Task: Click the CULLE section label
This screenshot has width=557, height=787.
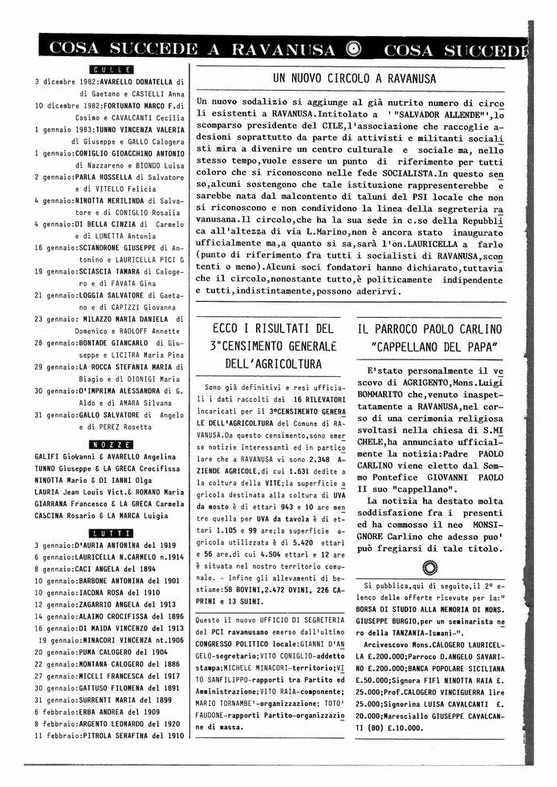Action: coord(111,70)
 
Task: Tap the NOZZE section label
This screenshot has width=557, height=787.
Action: coord(111,444)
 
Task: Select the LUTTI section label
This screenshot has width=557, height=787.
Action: coord(111,533)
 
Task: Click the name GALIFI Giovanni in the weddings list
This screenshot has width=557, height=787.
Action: coord(65,456)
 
